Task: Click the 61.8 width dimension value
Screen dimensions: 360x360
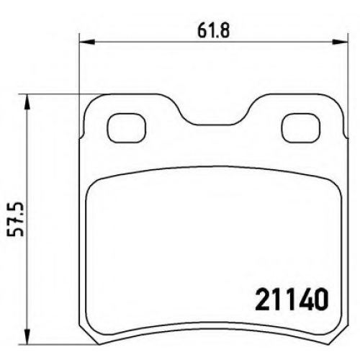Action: (x=213, y=31)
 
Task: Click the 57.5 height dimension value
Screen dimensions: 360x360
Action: (x=17, y=219)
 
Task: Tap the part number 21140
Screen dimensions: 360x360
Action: (x=291, y=300)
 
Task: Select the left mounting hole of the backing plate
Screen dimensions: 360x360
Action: (x=127, y=127)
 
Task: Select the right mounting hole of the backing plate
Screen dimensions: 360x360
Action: (x=301, y=127)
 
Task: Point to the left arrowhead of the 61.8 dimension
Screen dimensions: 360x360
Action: (x=87, y=42)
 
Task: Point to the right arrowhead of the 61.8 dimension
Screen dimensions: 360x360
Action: (x=340, y=42)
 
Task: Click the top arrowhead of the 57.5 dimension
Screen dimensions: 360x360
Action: (x=28, y=102)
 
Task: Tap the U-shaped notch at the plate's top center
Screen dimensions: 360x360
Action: (x=213, y=124)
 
